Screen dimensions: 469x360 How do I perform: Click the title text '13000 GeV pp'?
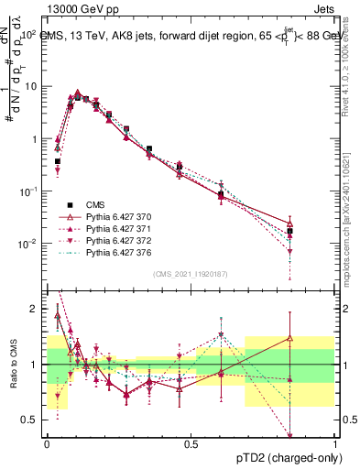point(72,7)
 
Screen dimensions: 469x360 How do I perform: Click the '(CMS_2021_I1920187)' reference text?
point(191,272)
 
